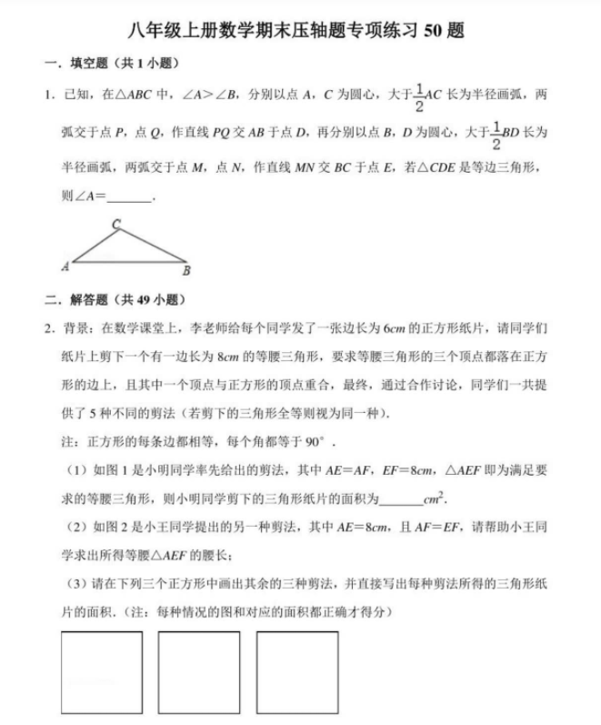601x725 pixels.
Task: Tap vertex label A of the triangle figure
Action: point(65,267)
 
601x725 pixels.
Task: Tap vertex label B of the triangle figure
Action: point(185,270)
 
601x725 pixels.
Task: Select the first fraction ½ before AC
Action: point(419,94)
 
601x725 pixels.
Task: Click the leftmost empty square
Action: point(101,671)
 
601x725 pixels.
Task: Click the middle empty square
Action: point(198,671)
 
